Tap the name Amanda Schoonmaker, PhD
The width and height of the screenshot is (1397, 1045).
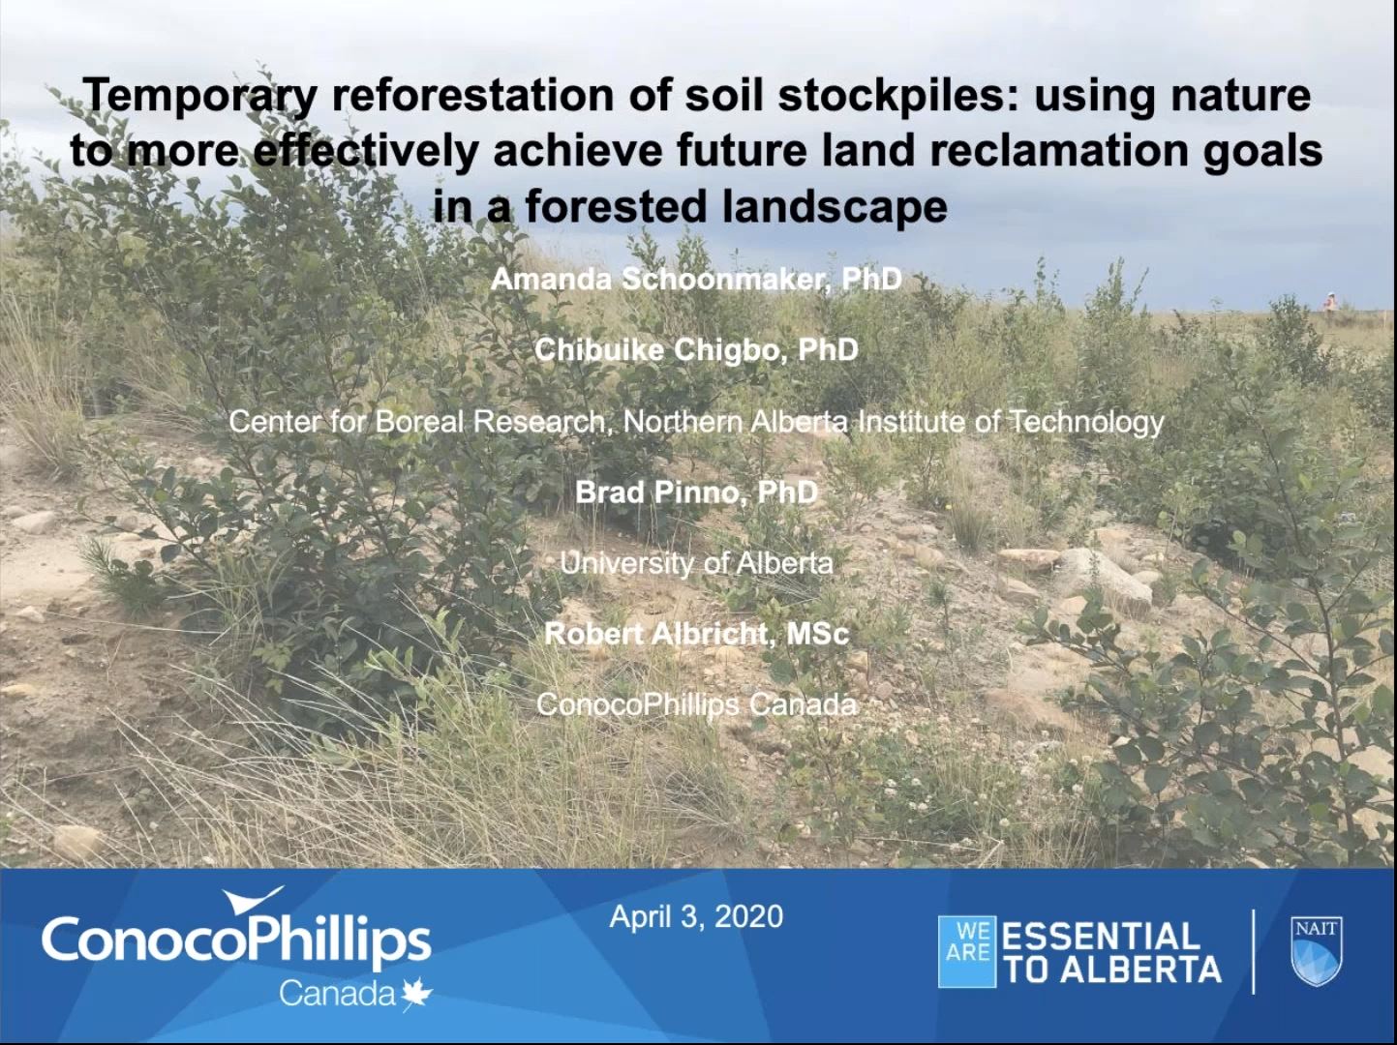click(x=696, y=280)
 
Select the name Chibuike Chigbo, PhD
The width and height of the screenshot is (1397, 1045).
click(x=696, y=349)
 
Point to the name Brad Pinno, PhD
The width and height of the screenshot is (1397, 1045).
click(x=696, y=493)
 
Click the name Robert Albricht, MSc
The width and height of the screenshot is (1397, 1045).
click(x=696, y=634)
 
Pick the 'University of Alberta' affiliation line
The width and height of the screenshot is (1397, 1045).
click(x=696, y=563)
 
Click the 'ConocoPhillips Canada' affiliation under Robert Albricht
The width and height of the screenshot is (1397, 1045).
click(x=696, y=704)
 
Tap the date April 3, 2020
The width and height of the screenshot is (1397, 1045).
click(x=696, y=916)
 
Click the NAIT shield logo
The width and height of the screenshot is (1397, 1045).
click(x=1317, y=952)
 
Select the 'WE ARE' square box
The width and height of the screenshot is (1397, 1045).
click(x=967, y=952)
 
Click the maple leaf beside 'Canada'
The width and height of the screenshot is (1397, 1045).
click(x=417, y=995)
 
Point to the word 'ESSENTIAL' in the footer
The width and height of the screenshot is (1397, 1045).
click(x=1101, y=937)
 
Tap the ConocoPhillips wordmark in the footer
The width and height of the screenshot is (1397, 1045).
click(x=236, y=939)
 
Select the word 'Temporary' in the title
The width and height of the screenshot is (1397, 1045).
click(x=200, y=96)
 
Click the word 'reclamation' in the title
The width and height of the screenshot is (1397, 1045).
click(x=1088, y=151)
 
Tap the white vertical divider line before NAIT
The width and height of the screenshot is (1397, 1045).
click(x=1254, y=952)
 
